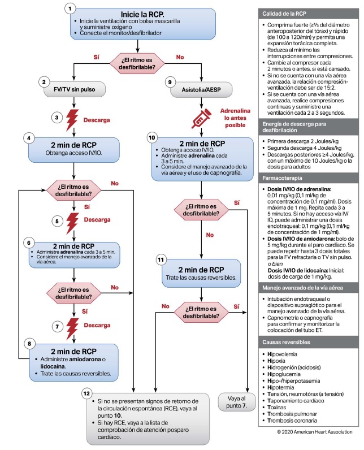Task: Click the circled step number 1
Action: point(70,9)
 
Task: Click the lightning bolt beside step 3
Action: point(73,119)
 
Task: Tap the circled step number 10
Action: point(151,137)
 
